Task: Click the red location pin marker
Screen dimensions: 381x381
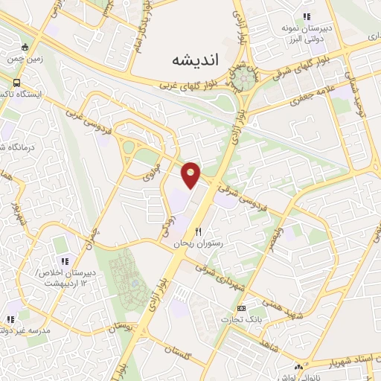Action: (192, 173)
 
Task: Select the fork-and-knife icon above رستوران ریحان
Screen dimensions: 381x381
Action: (198, 232)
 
